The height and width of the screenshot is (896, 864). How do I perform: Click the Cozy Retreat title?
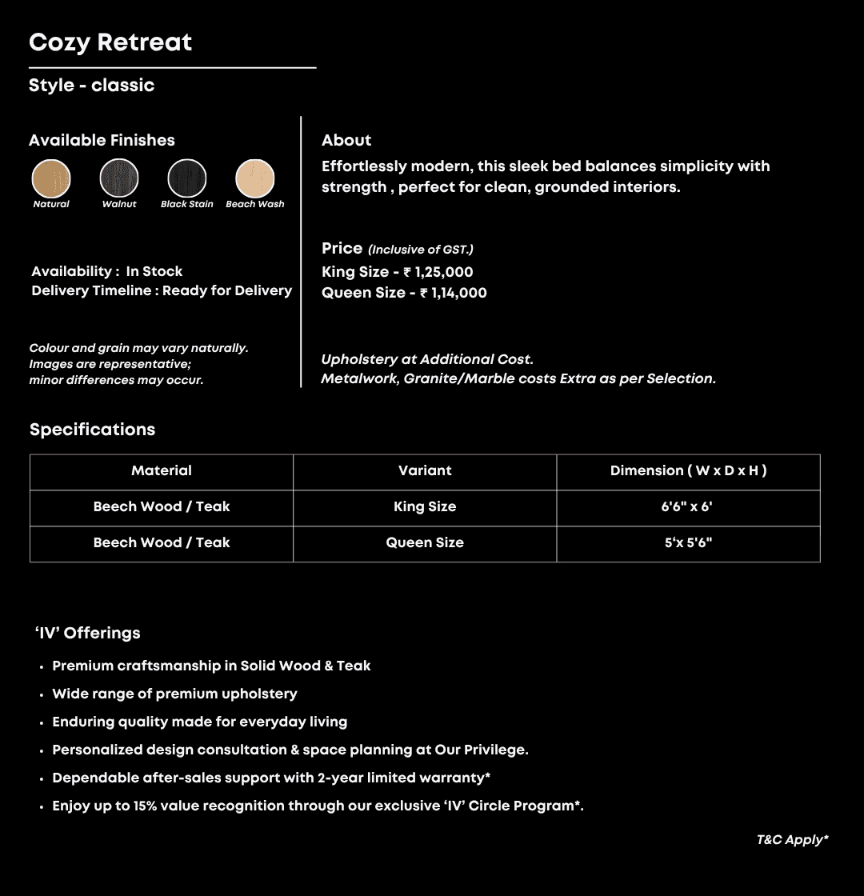click(x=110, y=42)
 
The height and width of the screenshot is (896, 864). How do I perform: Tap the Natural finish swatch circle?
click(x=51, y=178)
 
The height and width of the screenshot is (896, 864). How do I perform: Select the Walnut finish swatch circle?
click(x=119, y=178)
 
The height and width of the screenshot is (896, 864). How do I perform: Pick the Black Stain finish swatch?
click(x=187, y=178)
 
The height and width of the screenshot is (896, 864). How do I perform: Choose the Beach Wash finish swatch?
click(x=255, y=178)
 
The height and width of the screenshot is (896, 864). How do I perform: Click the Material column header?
click(x=162, y=471)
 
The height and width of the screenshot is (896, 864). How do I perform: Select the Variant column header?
click(x=425, y=471)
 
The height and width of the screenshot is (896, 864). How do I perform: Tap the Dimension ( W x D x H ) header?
click(x=688, y=471)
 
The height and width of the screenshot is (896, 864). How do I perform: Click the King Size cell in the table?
click(x=425, y=507)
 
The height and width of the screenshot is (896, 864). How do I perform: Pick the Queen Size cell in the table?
click(x=425, y=543)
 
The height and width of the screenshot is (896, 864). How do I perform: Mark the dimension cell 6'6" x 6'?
click(x=688, y=507)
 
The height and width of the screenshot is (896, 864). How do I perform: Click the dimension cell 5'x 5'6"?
click(x=688, y=543)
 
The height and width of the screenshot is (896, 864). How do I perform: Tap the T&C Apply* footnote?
click(x=792, y=840)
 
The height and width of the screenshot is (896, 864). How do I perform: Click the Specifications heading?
click(x=92, y=430)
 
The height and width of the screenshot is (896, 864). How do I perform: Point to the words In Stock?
click(x=154, y=272)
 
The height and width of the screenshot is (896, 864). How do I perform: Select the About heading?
click(x=346, y=141)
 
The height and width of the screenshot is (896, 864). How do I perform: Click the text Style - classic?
click(x=91, y=86)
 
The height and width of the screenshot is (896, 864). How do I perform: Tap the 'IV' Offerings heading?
click(x=88, y=634)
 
